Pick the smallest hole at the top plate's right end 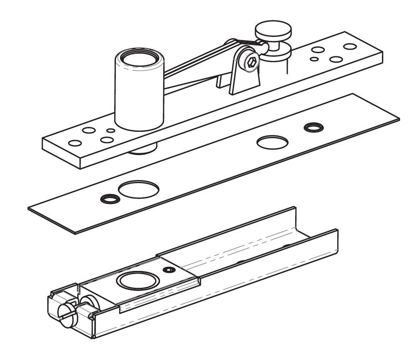tap(314, 59)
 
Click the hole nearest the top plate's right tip tap(349, 46)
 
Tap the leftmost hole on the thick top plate tap(75, 143)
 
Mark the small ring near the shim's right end tap(311, 126)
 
